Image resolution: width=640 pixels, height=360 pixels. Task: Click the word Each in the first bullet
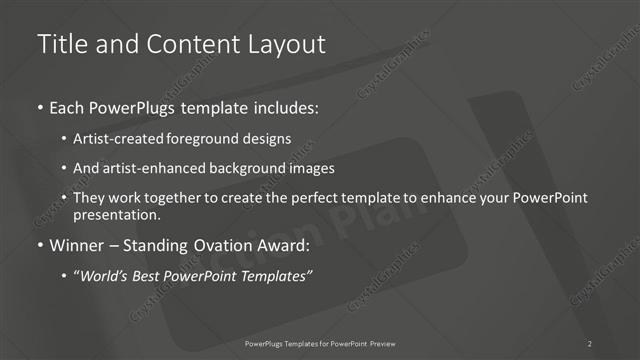(x=67, y=106)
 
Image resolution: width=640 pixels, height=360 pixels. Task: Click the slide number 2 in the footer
(x=590, y=344)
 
